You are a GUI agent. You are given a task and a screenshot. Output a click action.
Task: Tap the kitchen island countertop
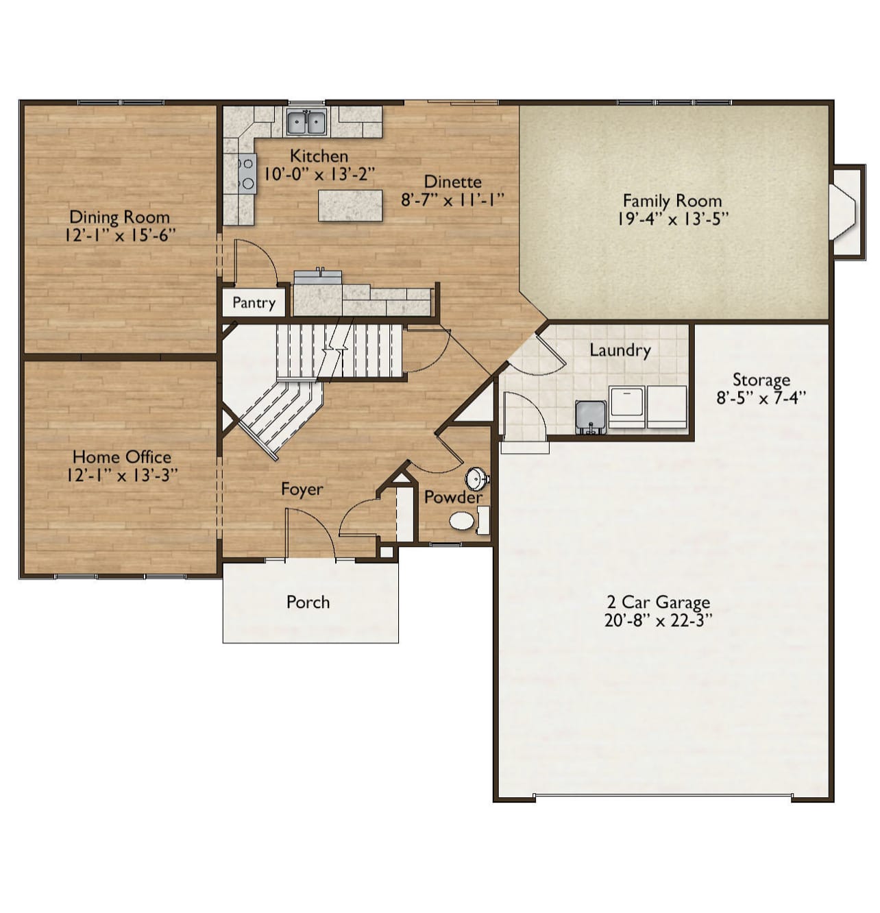350,205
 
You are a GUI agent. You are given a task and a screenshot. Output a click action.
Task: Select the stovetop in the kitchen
247,173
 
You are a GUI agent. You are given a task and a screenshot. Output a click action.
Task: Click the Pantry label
254,302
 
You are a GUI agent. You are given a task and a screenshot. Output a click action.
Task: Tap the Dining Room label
120,217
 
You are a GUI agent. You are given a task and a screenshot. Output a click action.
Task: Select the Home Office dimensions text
122,476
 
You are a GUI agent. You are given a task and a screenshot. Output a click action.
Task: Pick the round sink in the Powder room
476,478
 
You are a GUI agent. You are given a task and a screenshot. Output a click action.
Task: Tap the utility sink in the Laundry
591,417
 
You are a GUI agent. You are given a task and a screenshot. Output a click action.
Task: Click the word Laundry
620,350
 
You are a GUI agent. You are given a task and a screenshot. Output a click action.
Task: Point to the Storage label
761,379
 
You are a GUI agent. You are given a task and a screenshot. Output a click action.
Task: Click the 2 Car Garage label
658,602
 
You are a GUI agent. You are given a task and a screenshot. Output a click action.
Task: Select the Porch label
308,602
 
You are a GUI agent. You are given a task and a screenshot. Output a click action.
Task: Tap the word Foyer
302,489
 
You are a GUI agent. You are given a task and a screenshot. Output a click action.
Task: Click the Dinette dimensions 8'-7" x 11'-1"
452,201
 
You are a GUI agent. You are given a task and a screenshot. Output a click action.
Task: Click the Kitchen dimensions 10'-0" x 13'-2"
319,175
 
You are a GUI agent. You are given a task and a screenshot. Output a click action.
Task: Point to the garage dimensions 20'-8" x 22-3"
658,621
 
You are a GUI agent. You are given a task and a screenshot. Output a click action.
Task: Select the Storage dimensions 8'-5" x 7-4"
761,398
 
